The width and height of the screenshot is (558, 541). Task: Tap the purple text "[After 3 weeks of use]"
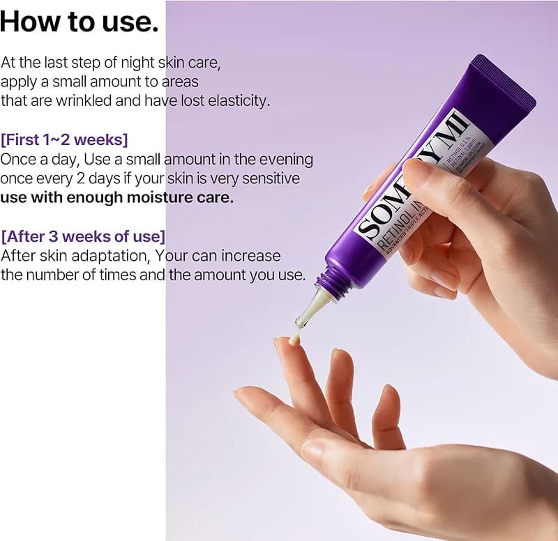(x=83, y=235)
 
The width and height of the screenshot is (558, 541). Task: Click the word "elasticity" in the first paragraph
(x=234, y=100)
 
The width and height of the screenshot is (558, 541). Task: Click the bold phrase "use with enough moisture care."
(x=117, y=197)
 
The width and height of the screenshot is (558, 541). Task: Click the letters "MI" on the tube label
(x=451, y=125)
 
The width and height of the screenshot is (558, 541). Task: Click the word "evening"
(x=283, y=159)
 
